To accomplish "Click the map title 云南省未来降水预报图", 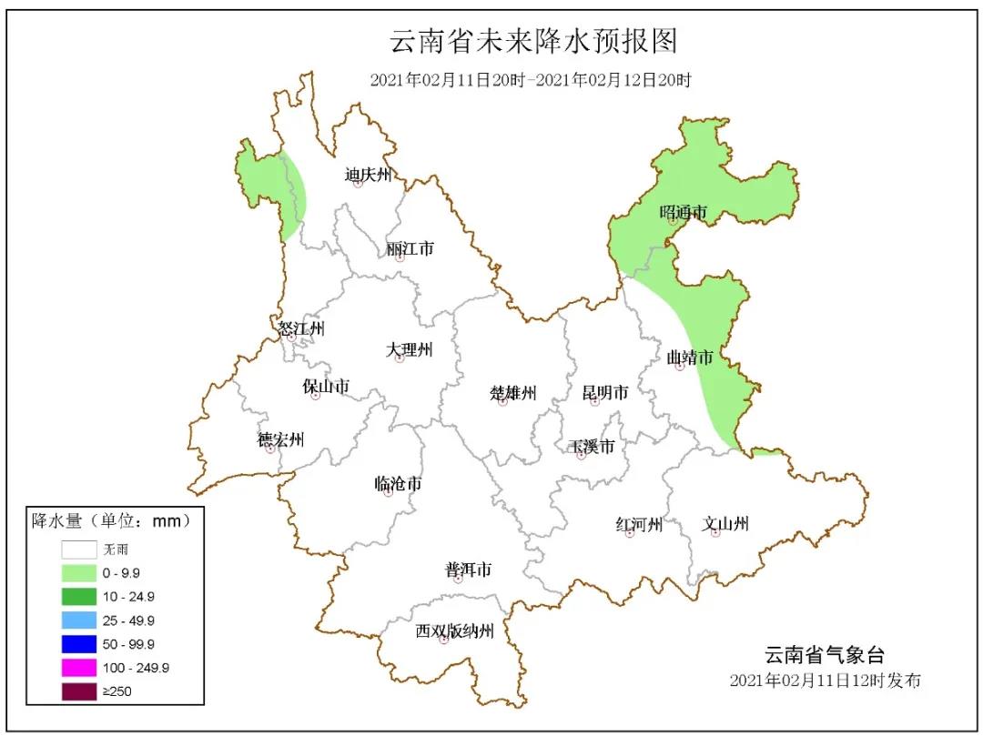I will (533, 42).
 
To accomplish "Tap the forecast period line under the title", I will (531, 80).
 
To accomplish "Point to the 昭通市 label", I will (683, 212).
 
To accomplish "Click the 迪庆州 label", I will (368, 174).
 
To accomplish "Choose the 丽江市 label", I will (410, 247).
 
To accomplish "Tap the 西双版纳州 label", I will (454, 630).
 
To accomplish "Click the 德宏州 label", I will (280, 440).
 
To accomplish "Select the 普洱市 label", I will (468, 570).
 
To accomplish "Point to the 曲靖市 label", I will (689, 358).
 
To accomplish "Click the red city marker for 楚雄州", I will (502, 401).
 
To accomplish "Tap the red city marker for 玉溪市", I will (582, 455).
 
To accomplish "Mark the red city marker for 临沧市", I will (389, 492).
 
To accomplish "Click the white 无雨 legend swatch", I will (79, 549).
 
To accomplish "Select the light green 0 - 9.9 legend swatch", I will (79, 573).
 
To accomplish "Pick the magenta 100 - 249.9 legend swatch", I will (79, 668).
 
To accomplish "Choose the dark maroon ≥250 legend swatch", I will (79, 691).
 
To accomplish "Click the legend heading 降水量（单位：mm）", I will (111, 521).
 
